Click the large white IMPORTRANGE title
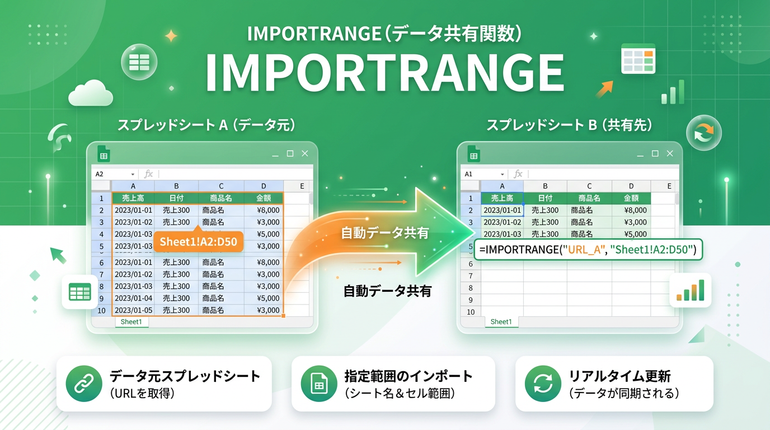[384, 74]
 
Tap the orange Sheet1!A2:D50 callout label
[198, 242]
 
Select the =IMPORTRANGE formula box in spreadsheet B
[588, 250]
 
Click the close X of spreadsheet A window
[305, 153]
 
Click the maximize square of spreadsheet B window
[655, 153]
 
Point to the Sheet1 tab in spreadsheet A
[132, 322]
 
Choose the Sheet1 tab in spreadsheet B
[501, 322]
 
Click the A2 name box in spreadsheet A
[112, 174]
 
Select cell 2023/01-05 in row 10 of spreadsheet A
[133, 310]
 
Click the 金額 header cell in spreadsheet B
[631, 198]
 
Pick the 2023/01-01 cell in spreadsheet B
[502, 211]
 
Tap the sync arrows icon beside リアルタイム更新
[543, 384]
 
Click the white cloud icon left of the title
[90, 93]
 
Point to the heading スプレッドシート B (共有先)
[569, 125]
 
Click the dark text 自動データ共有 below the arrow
[387, 291]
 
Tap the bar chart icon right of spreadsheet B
[690, 290]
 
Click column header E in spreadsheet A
[302, 186]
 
